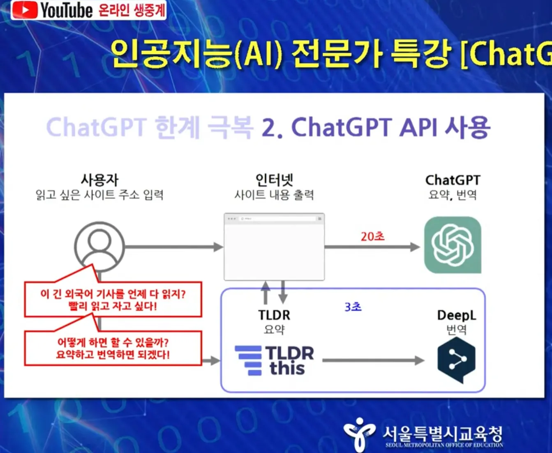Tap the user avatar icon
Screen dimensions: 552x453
(x=99, y=246)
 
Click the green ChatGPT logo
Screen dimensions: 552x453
(x=453, y=245)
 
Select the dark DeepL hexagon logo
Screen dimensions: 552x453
(x=456, y=360)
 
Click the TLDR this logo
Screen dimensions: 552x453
(x=275, y=360)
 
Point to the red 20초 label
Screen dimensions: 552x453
(x=372, y=236)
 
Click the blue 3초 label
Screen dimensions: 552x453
(x=353, y=307)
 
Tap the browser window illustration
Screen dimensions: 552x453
(x=274, y=247)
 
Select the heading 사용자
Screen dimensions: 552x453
(x=99, y=180)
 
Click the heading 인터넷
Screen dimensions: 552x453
(x=274, y=180)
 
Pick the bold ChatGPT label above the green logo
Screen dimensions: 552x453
(x=453, y=180)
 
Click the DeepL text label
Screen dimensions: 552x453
(x=456, y=315)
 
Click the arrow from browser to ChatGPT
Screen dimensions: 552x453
(x=372, y=247)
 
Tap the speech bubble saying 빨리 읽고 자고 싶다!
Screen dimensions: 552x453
(x=113, y=299)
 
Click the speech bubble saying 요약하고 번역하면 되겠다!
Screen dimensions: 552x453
(x=113, y=348)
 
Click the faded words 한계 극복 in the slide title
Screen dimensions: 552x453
(x=204, y=127)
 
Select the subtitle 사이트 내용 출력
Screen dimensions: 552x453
(x=274, y=195)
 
